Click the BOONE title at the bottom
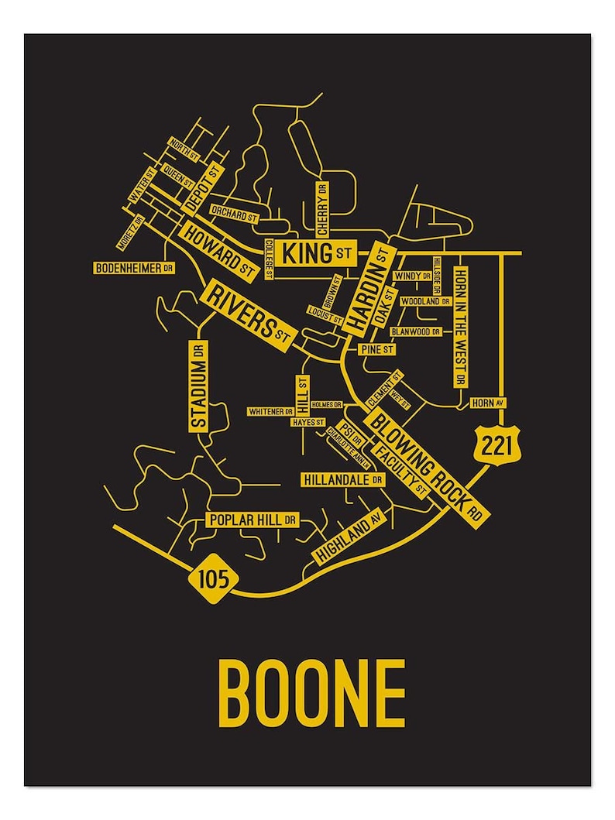(x=311, y=691)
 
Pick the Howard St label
(x=218, y=249)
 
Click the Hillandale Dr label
(x=343, y=480)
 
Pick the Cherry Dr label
(x=321, y=208)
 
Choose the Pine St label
(x=378, y=350)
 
